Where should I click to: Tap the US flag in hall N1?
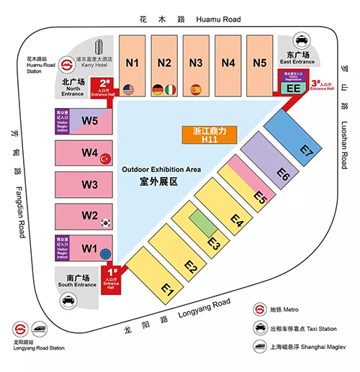tap(130, 90)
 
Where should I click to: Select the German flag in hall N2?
tap(158, 90)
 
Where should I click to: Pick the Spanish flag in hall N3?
tap(195, 90)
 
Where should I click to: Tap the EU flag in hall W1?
tap(107, 253)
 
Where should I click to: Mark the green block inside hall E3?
tap(204, 220)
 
